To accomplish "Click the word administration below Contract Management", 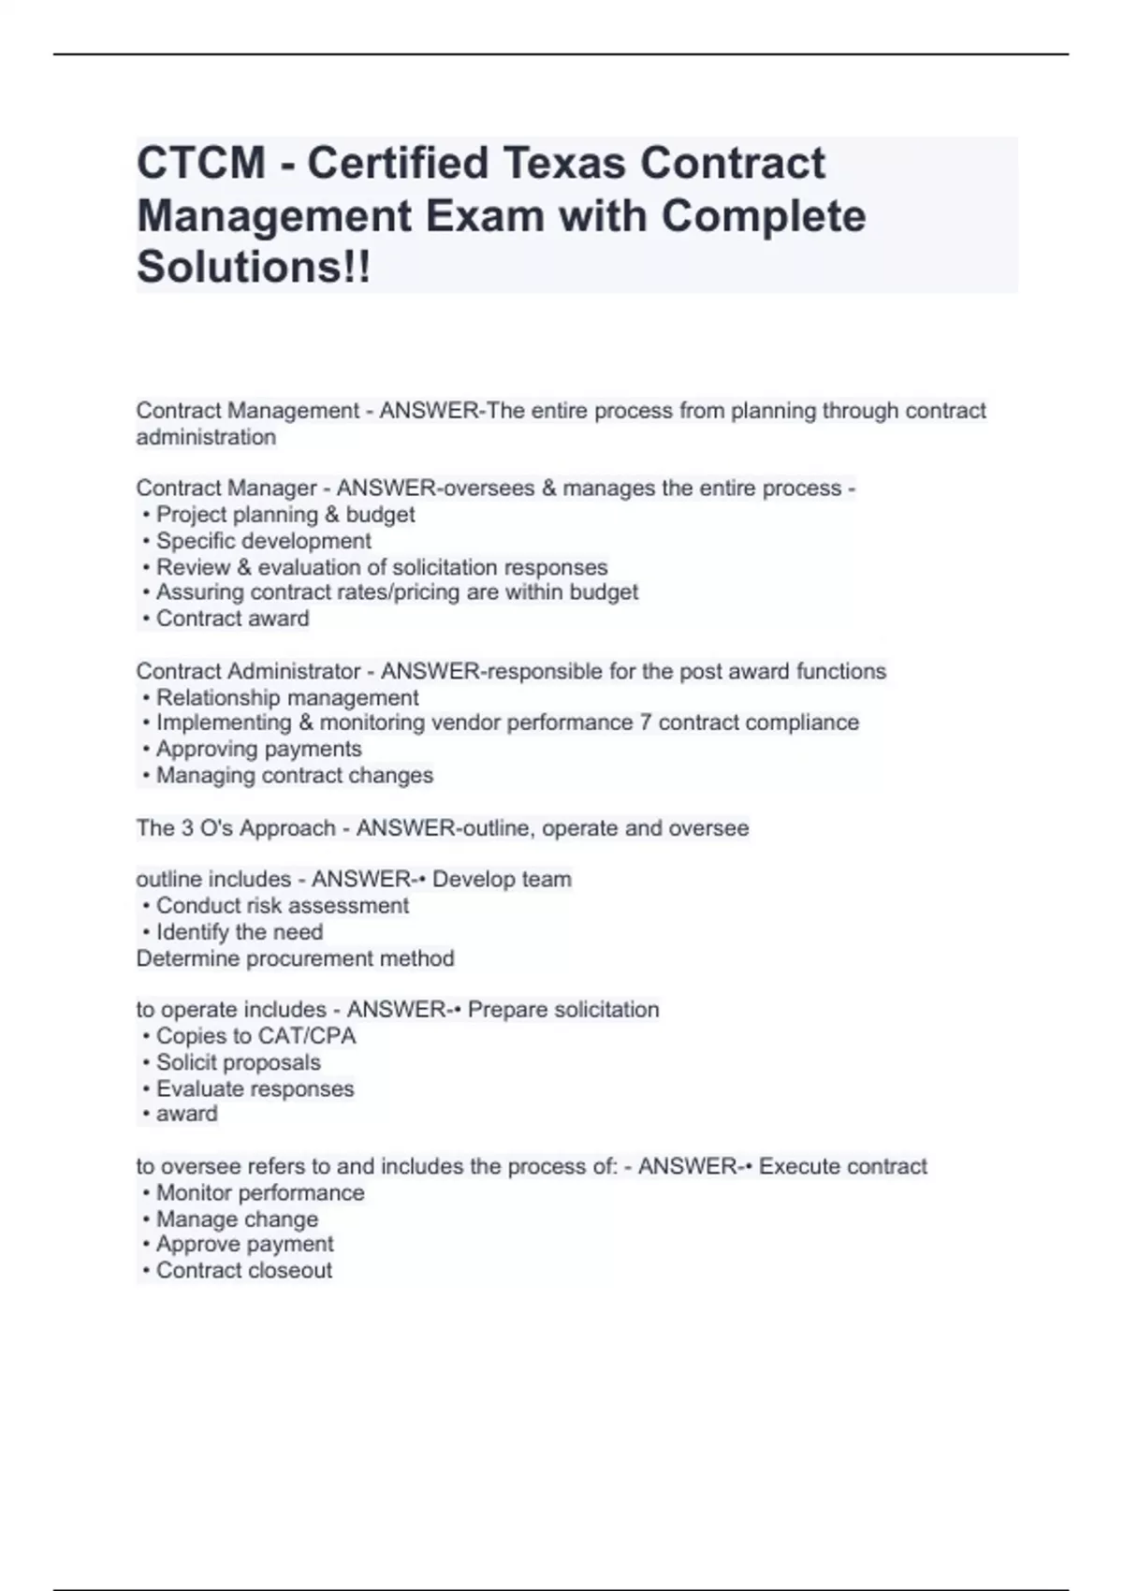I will (x=206, y=437).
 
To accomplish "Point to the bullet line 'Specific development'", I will (x=263, y=541).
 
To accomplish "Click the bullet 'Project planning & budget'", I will (x=285, y=515).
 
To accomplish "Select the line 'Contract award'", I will (x=232, y=619).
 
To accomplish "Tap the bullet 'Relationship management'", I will (x=287, y=698).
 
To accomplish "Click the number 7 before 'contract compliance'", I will (x=646, y=723).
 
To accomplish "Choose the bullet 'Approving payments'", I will (x=258, y=749).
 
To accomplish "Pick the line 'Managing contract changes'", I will (x=294, y=775).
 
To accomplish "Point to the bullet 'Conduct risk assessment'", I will (x=282, y=906).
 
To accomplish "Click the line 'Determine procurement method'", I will (x=295, y=958).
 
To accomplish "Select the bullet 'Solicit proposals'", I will (x=238, y=1062).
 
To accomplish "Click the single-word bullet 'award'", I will (x=186, y=1114).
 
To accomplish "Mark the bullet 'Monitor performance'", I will (x=260, y=1193).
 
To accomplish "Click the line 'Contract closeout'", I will (x=243, y=1270).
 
